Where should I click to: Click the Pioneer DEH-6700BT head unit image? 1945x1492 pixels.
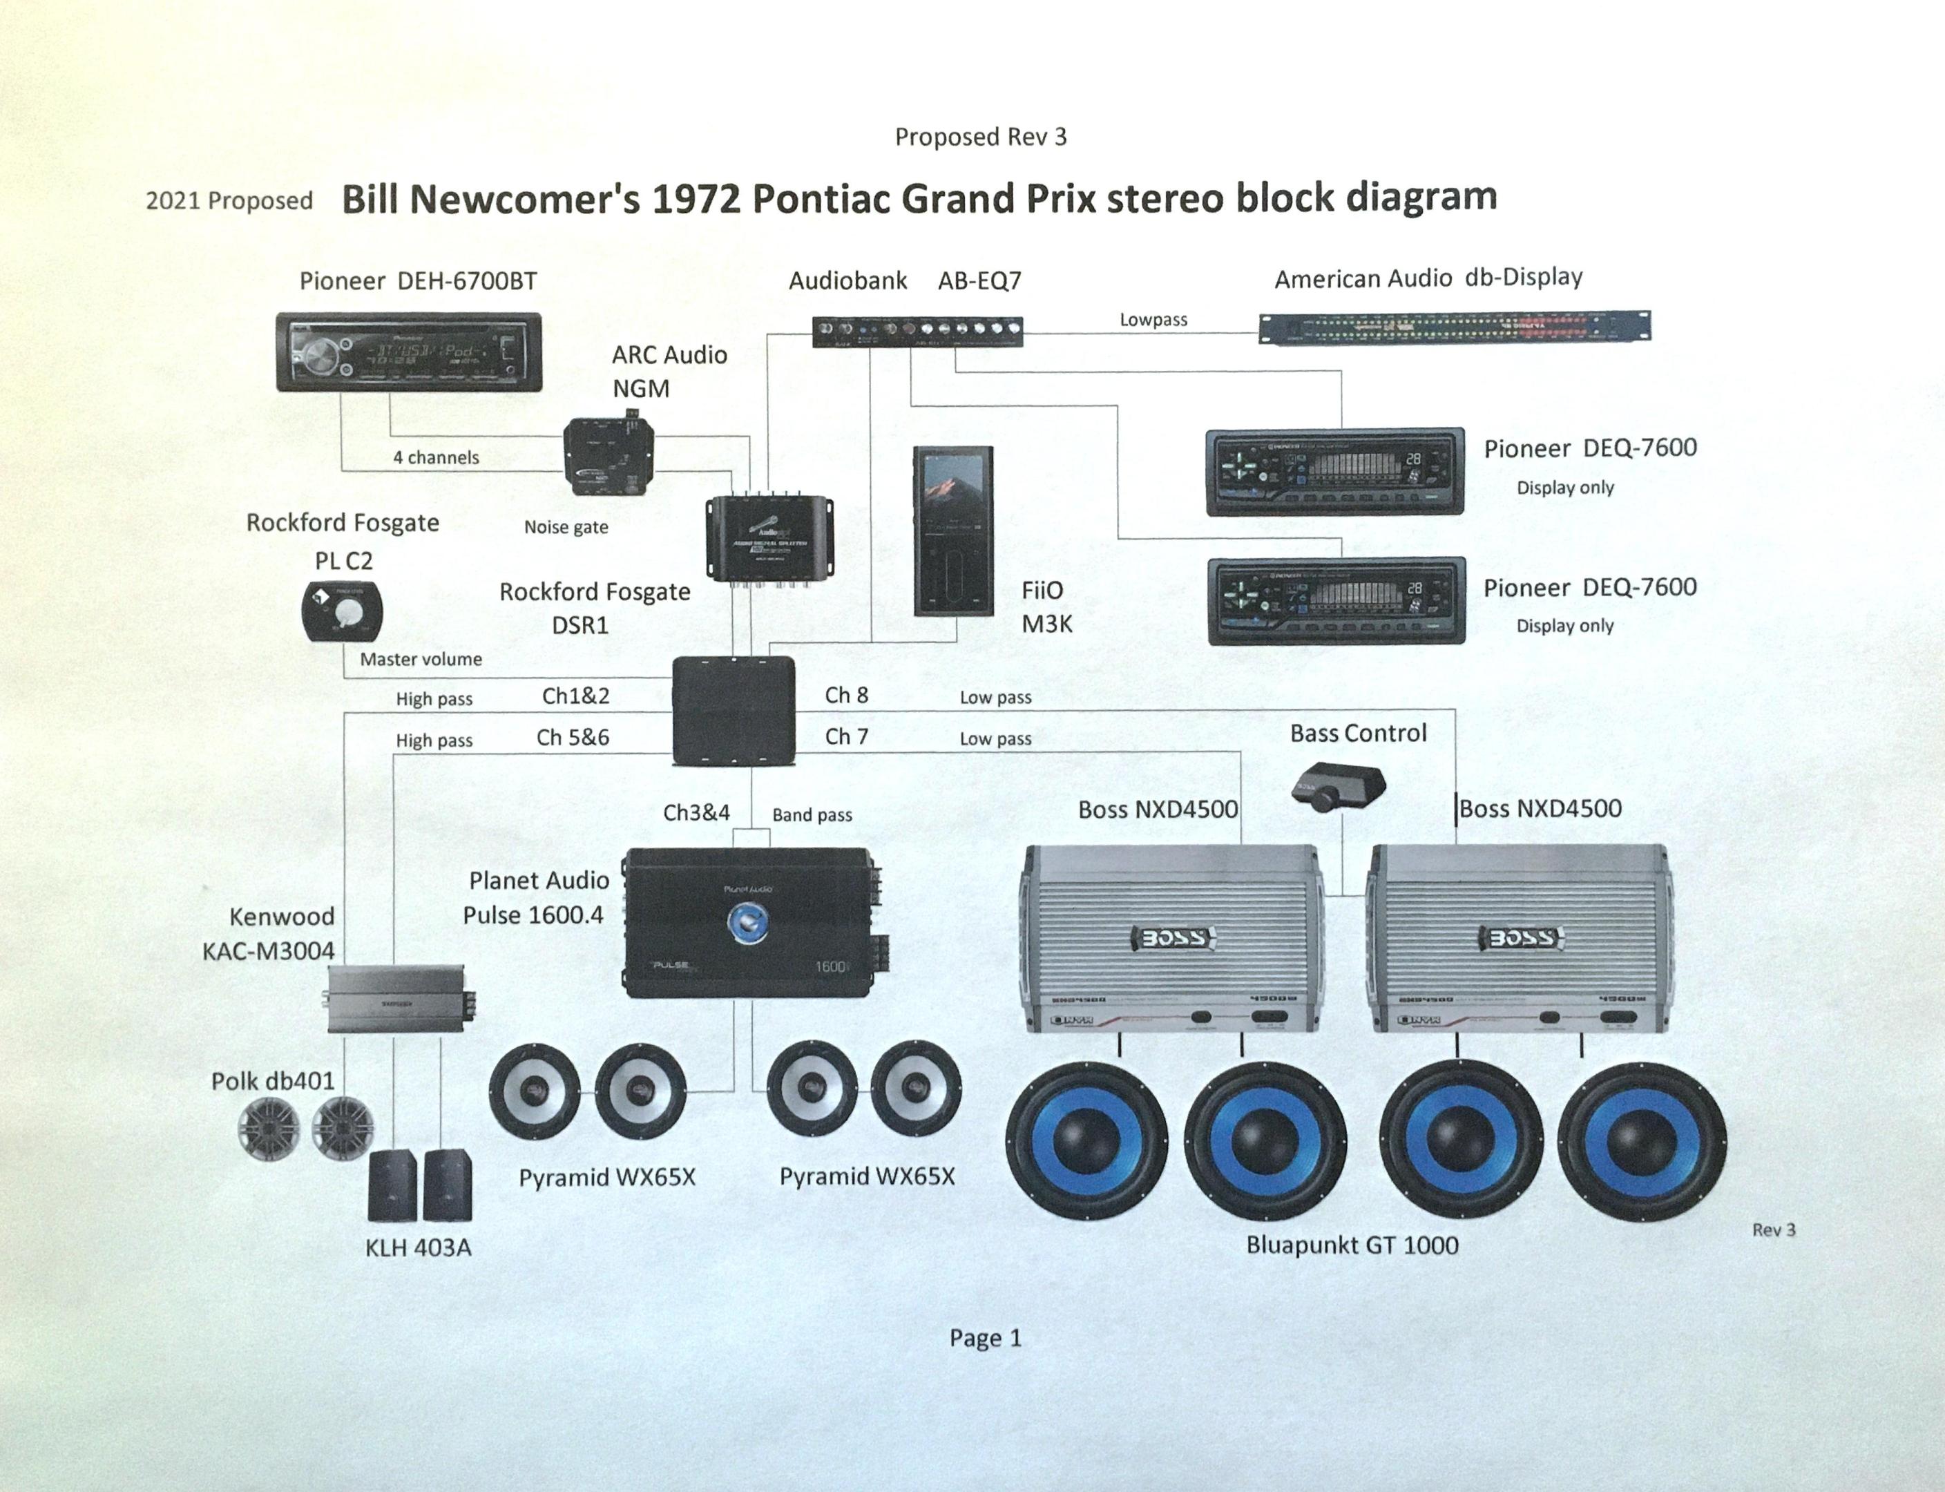(408, 352)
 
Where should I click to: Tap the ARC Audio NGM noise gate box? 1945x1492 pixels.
(609, 457)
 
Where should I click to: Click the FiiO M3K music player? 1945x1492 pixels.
(954, 531)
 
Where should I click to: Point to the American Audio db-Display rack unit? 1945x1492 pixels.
(1454, 327)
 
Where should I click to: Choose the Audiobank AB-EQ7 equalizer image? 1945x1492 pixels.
(917, 332)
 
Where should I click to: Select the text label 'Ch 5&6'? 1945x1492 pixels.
(573, 737)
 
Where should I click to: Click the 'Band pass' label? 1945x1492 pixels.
(812, 814)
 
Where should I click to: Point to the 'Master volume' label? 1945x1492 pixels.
(421, 659)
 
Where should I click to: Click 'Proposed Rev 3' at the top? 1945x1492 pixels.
(981, 137)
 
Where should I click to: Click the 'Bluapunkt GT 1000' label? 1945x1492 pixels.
(1352, 1245)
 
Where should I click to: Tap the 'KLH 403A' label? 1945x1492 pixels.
(419, 1247)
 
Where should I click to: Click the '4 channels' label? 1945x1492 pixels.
(436, 457)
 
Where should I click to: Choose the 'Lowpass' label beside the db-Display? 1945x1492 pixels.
(1153, 320)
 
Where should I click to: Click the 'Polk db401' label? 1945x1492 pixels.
(273, 1081)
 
